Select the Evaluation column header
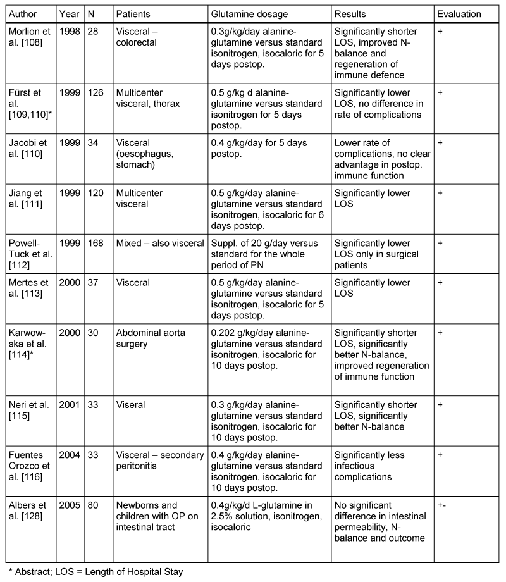click(x=459, y=14)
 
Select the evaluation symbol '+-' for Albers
click(x=441, y=504)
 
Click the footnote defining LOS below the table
click(x=94, y=572)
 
